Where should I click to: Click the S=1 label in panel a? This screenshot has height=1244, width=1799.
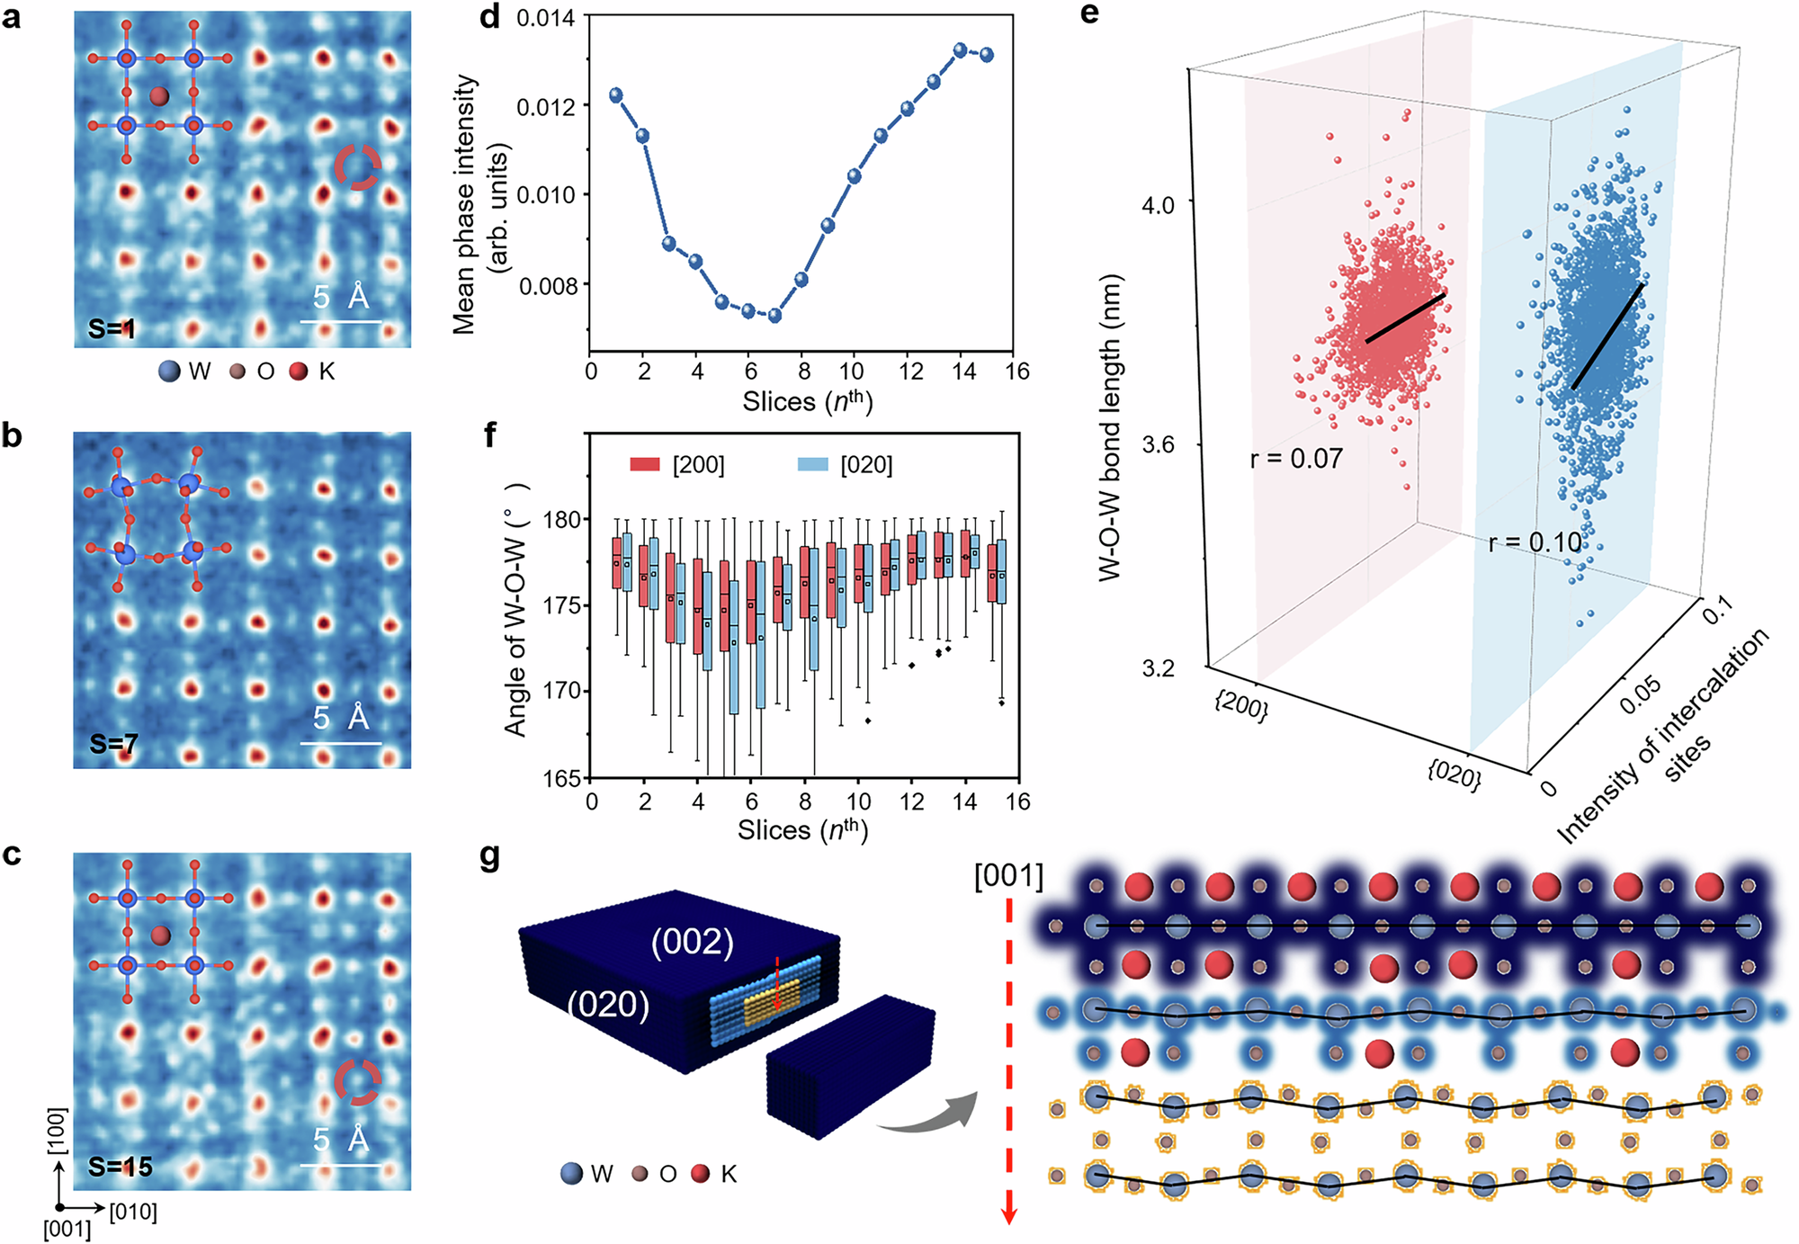coord(112,329)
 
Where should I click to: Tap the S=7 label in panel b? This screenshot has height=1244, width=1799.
coord(113,744)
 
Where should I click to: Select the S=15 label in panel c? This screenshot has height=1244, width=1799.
coord(121,1167)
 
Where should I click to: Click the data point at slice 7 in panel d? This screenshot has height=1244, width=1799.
coord(774,316)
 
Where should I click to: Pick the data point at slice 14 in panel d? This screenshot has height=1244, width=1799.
coord(961,50)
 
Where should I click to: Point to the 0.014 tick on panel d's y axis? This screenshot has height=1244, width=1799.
coord(546,17)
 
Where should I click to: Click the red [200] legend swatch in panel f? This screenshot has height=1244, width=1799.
coord(645,464)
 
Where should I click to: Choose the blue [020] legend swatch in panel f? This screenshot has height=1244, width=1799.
coord(812,464)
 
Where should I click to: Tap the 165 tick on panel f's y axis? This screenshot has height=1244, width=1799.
coord(562,779)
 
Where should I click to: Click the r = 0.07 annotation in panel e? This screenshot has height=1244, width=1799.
coord(1295,460)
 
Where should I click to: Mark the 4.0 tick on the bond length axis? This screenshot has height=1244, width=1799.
coord(1158,205)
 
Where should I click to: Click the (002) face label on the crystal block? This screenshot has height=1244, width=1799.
coord(693,942)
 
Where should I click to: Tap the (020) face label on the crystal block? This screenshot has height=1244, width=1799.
coord(608,1005)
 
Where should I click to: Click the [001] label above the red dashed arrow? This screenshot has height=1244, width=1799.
coord(1008,875)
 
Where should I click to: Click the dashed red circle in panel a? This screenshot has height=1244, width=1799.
coord(358,167)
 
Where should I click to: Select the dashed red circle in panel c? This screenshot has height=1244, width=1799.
coord(357,1082)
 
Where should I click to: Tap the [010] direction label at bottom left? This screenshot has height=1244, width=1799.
coord(133,1212)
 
